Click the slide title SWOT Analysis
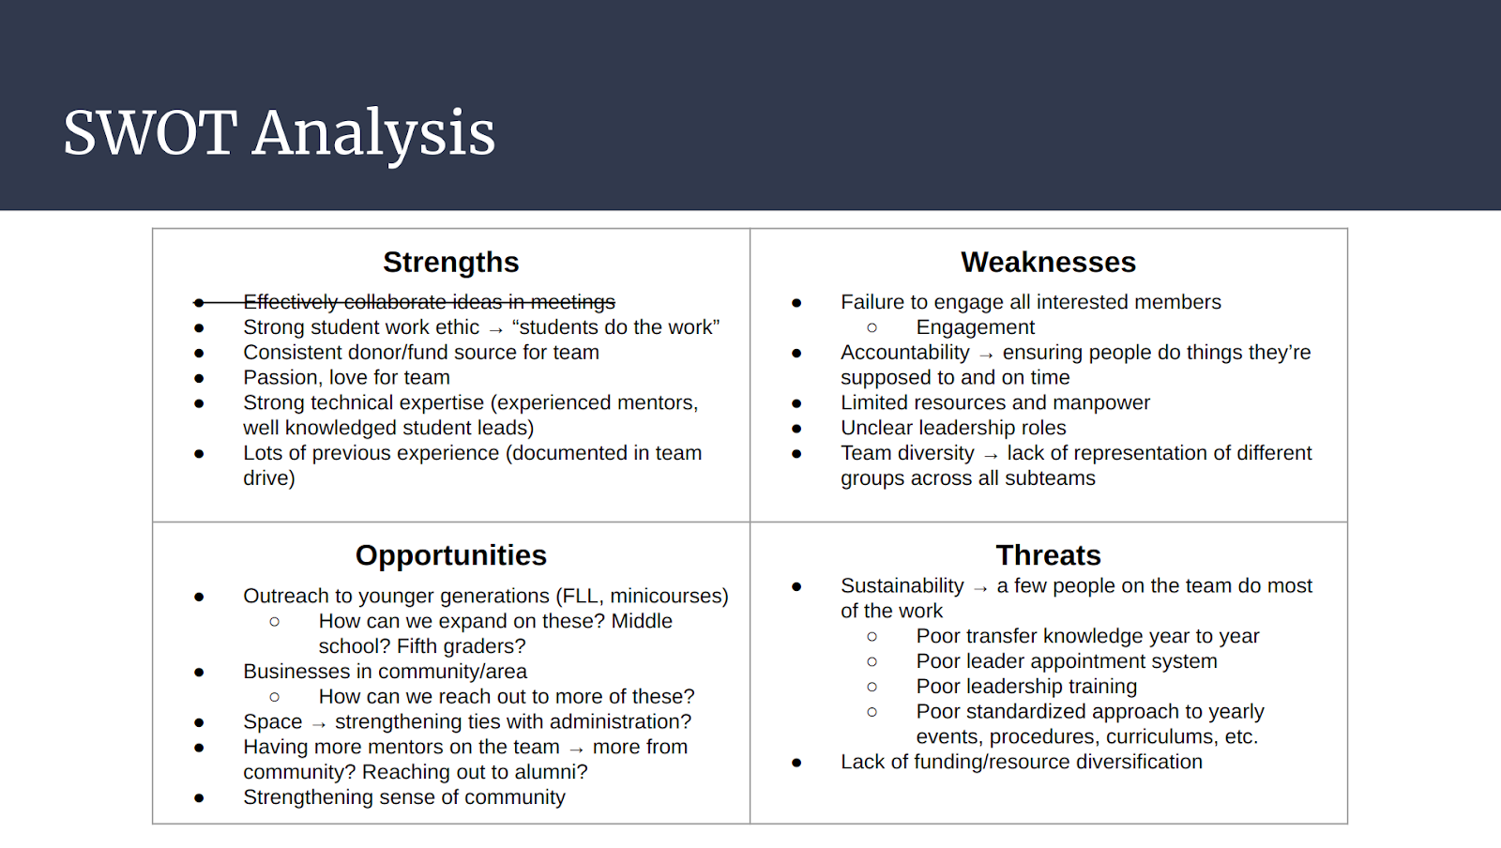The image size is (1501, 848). [280, 134]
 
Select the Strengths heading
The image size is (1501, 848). [451, 262]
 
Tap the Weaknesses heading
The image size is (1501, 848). [1048, 262]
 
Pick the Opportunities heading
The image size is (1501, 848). [451, 555]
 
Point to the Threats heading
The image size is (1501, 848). [1048, 555]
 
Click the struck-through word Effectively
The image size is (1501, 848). [290, 302]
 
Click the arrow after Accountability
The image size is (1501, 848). [986, 355]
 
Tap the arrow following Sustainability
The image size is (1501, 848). [980, 588]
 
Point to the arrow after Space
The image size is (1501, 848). [319, 724]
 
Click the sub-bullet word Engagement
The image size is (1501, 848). [975, 327]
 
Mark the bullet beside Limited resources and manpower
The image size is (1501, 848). [796, 403]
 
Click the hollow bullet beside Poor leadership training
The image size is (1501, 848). [872, 687]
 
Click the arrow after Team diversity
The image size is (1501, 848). [991, 456]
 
